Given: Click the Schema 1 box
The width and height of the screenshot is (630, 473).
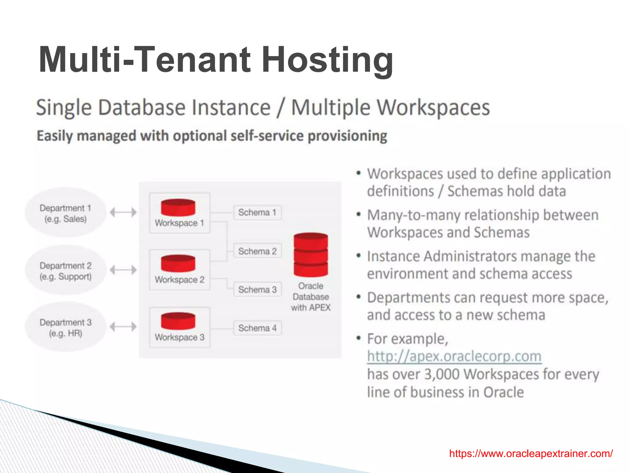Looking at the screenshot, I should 257,212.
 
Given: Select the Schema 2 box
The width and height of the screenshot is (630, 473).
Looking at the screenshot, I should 257,251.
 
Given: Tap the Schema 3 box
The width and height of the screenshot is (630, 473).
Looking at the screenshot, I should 257,290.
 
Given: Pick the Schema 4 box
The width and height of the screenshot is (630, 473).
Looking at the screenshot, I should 257,328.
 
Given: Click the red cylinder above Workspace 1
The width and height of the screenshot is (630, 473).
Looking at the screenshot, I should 178,207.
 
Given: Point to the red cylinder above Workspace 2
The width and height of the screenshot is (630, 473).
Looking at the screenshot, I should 178,264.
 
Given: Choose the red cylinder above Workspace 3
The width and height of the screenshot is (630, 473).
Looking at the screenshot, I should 178,321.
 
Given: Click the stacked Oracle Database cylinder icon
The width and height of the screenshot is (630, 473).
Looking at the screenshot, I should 311,255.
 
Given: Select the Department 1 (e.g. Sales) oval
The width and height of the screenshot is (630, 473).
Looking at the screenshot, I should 66,213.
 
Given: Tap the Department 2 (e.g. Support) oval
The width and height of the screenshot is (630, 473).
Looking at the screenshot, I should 66,271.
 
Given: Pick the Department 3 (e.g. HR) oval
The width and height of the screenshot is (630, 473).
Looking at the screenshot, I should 66,327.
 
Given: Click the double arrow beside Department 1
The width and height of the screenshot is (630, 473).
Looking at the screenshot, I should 123,212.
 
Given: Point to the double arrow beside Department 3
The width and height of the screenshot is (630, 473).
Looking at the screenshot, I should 123,326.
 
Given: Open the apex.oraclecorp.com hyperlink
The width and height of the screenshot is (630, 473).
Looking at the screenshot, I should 454,356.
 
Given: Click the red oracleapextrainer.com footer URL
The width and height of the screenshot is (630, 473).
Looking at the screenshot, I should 531,454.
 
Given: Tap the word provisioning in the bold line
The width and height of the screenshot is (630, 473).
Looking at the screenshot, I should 347,136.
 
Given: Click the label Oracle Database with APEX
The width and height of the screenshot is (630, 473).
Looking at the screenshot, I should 311,297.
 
